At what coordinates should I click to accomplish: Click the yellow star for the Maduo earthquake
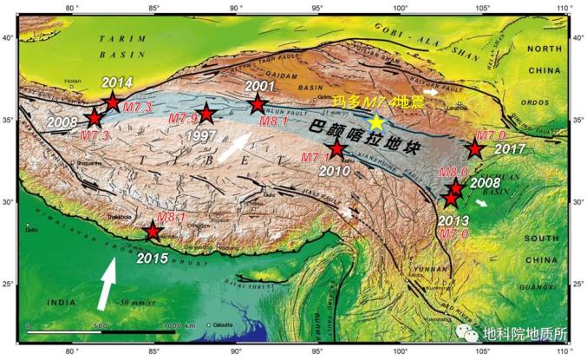pyautogui.click(x=375, y=122)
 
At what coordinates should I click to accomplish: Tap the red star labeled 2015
pyautogui.click(x=153, y=232)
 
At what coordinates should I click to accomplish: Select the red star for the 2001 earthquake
pyautogui.click(x=257, y=105)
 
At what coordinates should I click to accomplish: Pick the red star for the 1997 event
pyautogui.click(x=206, y=114)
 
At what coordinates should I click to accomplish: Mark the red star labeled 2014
pyautogui.click(x=112, y=102)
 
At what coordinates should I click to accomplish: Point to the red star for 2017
pyautogui.click(x=475, y=148)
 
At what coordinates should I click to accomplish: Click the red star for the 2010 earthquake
pyautogui.click(x=337, y=148)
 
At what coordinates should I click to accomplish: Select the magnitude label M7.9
pyautogui.click(x=183, y=117)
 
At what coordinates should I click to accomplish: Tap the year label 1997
pyautogui.click(x=200, y=136)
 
